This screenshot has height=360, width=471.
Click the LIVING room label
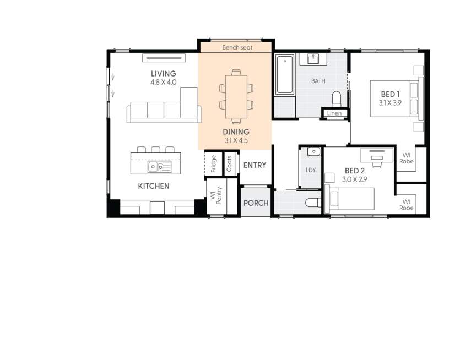pyautogui.click(x=164, y=74)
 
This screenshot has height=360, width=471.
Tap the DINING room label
pyautogui.click(x=236, y=132)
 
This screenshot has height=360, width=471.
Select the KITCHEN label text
pyautogui.click(x=154, y=186)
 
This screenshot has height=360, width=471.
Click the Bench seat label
pyautogui.click(x=237, y=48)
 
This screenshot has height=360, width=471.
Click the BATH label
pyautogui.click(x=318, y=81)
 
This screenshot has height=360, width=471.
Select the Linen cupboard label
pyautogui.click(x=334, y=113)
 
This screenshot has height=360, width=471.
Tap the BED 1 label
pyautogui.click(x=389, y=94)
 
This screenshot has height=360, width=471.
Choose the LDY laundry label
pyautogui.click(x=311, y=170)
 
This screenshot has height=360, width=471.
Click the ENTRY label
pyautogui.click(x=255, y=165)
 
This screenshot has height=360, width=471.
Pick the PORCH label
pyautogui.click(x=256, y=203)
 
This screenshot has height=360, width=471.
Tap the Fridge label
pyautogui.click(x=214, y=163)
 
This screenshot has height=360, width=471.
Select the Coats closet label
pyautogui.click(x=229, y=163)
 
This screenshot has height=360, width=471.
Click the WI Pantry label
pyautogui.click(x=215, y=196)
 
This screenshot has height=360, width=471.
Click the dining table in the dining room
pyautogui.click(x=236, y=96)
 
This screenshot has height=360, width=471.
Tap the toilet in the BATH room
pyautogui.click(x=337, y=99)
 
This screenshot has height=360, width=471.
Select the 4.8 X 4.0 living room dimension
pyautogui.click(x=164, y=82)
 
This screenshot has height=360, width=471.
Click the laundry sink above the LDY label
pyautogui.click(x=313, y=151)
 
